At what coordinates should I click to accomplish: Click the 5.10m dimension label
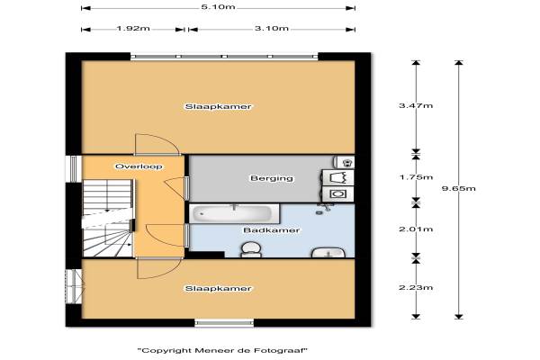(x=218, y=7)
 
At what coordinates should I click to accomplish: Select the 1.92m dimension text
(x=133, y=28)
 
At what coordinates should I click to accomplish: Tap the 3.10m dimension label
(x=272, y=28)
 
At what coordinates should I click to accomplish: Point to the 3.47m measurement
(x=416, y=105)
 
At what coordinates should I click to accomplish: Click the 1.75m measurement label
(x=416, y=177)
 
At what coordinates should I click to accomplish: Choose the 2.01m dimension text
(x=416, y=229)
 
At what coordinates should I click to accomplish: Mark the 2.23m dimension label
(x=416, y=287)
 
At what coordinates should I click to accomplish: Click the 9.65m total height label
(x=458, y=188)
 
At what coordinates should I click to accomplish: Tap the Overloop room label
(x=139, y=166)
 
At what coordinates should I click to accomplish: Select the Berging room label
(x=272, y=178)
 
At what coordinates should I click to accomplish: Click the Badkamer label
(x=272, y=230)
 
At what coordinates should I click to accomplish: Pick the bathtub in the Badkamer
(x=234, y=213)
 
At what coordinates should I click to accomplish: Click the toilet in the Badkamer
(x=251, y=249)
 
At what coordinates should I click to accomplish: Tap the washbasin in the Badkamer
(x=328, y=253)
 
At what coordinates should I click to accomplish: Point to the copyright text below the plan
(x=222, y=351)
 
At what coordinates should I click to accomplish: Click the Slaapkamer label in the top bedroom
(x=219, y=106)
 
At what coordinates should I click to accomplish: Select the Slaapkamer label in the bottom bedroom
(x=219, y=288)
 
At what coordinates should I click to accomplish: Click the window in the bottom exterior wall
(x=224, y=323)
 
